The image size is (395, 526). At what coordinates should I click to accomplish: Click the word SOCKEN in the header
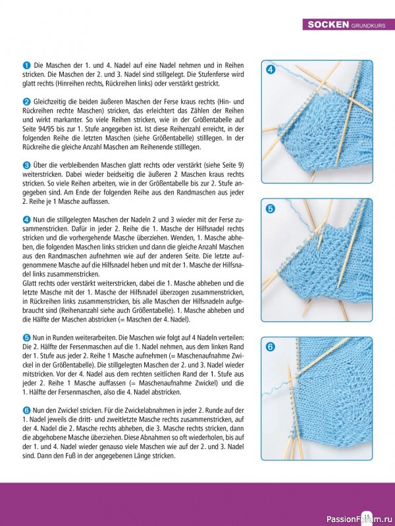328,25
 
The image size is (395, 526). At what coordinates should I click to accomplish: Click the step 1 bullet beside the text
26,66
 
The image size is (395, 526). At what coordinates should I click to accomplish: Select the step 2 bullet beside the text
26,101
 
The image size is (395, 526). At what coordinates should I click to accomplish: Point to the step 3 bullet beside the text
26,164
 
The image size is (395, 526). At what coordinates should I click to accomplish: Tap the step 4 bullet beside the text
26,218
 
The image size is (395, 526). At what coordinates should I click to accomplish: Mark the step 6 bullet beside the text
26,409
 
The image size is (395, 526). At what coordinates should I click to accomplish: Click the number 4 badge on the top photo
271,70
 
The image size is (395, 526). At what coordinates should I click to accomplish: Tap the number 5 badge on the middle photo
271,208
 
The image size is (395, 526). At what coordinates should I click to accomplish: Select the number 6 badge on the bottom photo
271,347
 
